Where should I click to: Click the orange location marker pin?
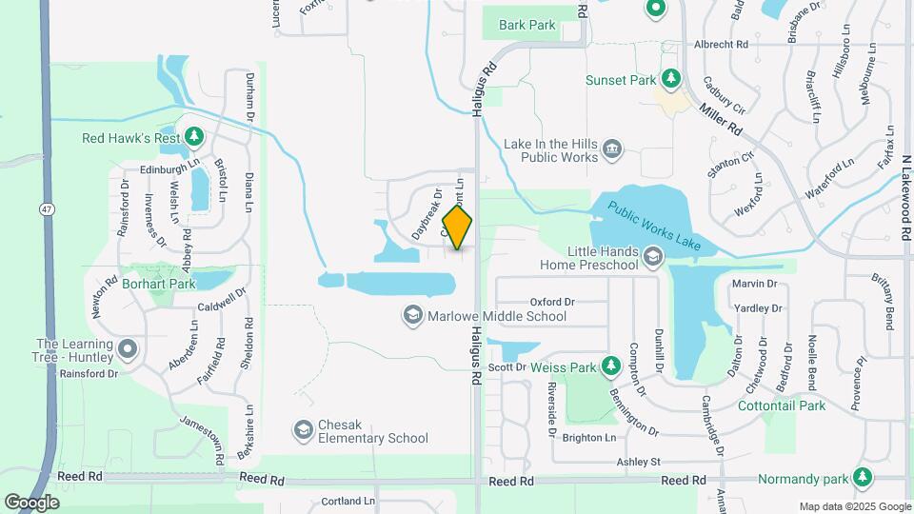coord(458,227)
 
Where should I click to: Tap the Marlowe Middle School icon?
coord(412,315)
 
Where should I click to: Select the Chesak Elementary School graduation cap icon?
coord(303,431)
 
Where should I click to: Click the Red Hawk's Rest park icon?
coord(194,138)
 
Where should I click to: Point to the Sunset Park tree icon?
coord(670,79)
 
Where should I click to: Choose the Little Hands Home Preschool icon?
coord(652,256)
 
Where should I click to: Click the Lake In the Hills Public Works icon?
coord(612,149)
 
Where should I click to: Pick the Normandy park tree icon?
coord(863,476)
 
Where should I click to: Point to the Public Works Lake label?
coord(655,227)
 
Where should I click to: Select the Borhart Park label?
coord(158,284)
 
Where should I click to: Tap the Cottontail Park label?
coord(782,405)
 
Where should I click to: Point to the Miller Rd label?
coord(720,117)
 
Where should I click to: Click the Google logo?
coord(31,502)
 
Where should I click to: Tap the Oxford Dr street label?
coord(552,302)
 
